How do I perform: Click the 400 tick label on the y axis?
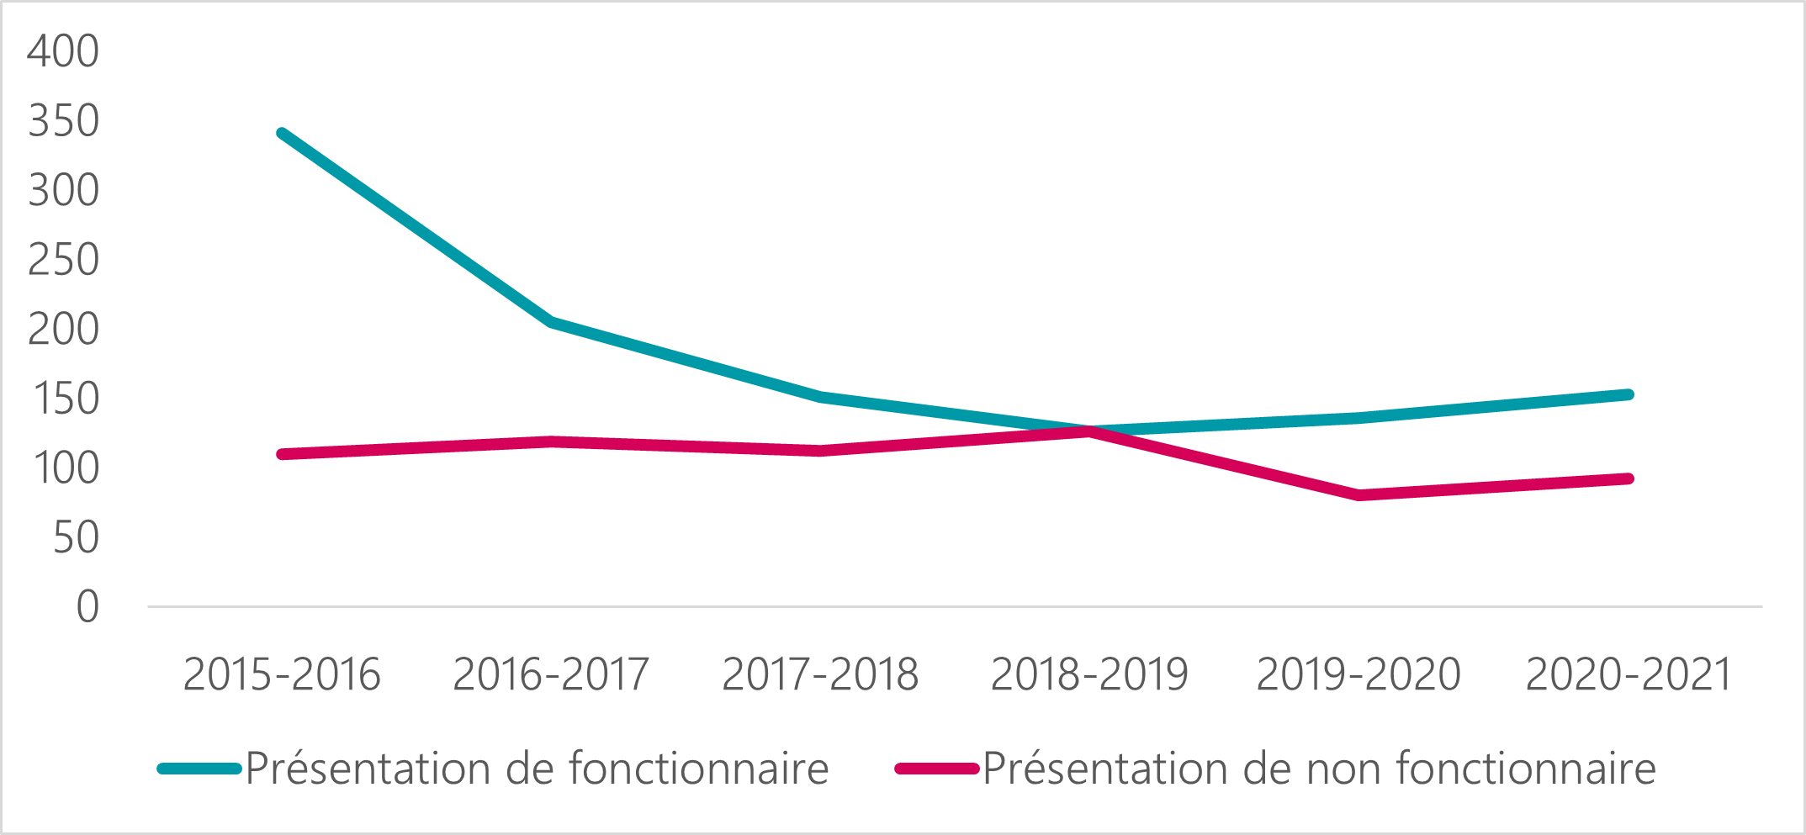[x=63, y=51]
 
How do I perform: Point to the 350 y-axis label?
[x=63, y=121]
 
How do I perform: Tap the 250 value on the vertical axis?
[x=63, y=260]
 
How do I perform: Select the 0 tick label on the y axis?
[x=87, y=607]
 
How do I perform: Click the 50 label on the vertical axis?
[x=76, y=538]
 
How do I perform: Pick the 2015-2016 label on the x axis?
[x=282, y=674]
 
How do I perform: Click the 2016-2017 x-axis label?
[x=551, y=674]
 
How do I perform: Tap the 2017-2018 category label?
[x=820, y=674]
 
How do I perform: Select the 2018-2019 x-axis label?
[x=1089, y=674]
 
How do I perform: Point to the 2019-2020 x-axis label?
[x=1358, y=674]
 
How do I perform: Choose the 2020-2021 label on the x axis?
[x=1629, y=674]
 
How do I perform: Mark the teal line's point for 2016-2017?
[x=551, y=321]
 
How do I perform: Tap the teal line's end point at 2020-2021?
[x=1629, y=394]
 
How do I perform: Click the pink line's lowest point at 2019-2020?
[x=1359, y=495]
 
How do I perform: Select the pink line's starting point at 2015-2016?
[x=282, y=454]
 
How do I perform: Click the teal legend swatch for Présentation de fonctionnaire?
[x=199, y=769]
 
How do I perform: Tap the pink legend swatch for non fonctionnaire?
[x=937, y=769]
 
